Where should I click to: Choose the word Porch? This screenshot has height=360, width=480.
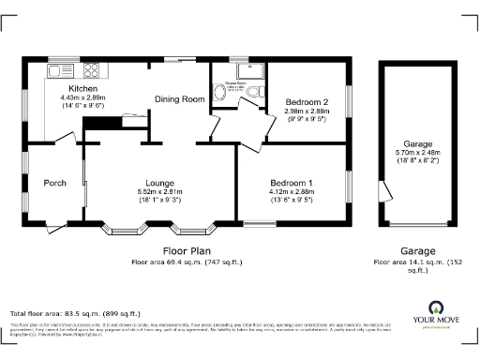54,183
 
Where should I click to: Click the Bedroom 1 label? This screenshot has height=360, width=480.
292,182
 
